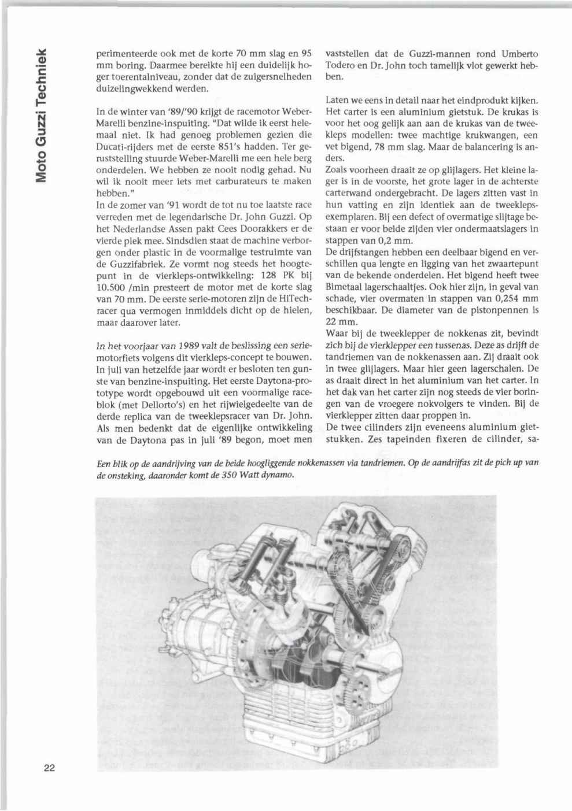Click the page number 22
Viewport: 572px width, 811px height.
[x=48, y=768]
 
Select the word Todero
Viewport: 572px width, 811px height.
[x=341, y=65]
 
